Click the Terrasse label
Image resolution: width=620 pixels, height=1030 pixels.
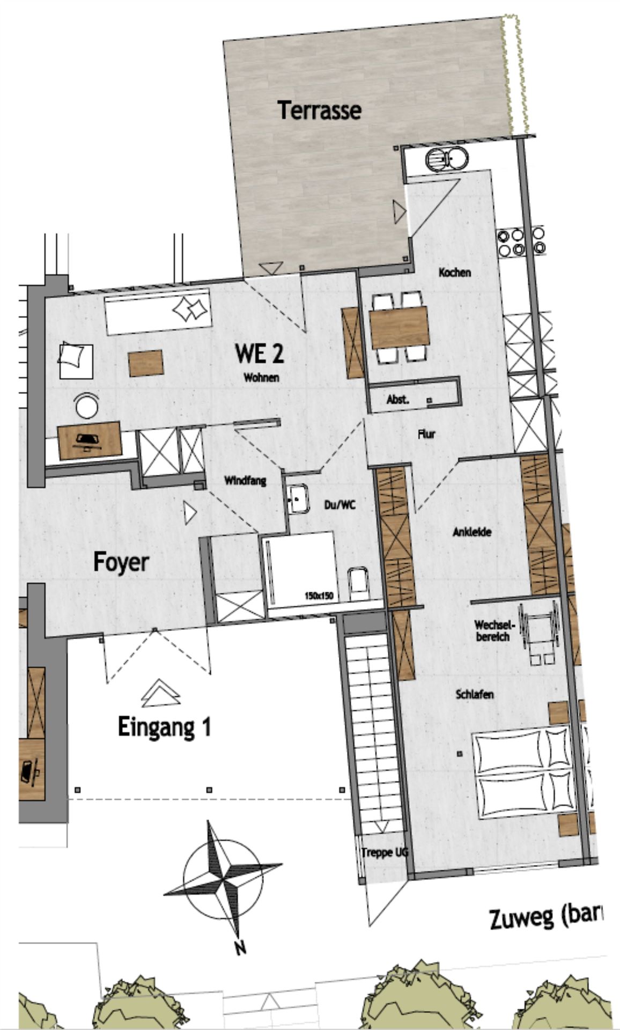coord(319,110)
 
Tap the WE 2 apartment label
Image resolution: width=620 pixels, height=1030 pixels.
coord(260,354)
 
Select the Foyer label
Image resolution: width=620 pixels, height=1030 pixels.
coord(121,563)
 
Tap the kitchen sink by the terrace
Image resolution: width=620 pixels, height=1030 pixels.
coord(447,159)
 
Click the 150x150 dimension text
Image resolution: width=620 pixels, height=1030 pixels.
coord(319,595)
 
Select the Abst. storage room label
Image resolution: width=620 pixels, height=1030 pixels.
coord(398,400)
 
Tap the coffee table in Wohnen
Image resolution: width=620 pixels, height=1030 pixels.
coord(146,363)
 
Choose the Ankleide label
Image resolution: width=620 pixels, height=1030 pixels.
coord(472,532)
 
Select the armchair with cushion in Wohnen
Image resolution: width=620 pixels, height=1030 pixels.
coord(76,361)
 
